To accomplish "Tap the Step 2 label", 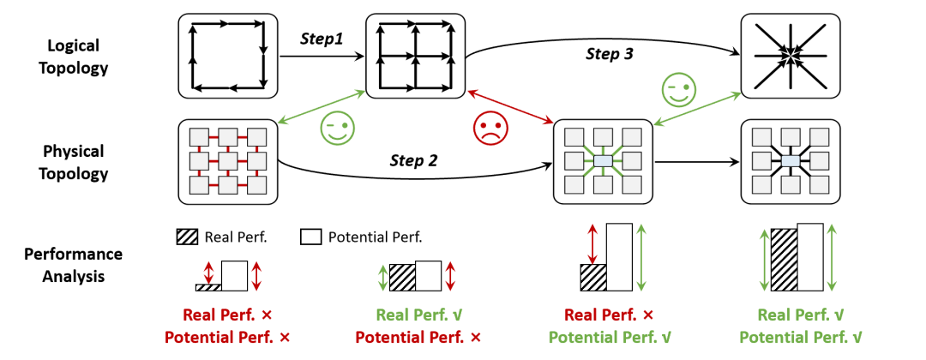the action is point(413,159).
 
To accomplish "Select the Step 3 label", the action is point(610,54).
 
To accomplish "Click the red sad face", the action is point(490,128).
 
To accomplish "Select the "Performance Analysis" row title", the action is point(73,265).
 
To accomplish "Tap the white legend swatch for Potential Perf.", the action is point(310,237).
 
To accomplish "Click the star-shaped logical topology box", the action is point(791,56).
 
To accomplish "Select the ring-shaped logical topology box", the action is point(228,56).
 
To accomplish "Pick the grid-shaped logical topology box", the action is point(416,56).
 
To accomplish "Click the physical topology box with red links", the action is point(228,162).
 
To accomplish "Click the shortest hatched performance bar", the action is point(208,287).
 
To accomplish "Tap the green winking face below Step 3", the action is point(679,90).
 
